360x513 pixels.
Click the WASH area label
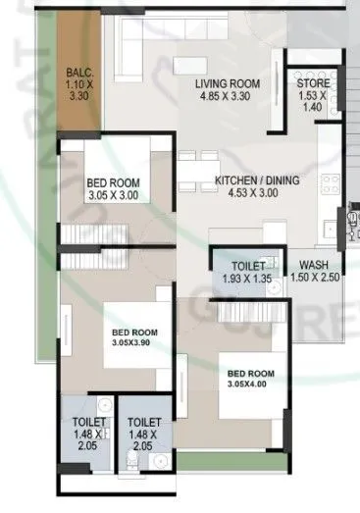[x=314, y=265]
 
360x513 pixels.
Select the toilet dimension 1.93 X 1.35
[x=248, y=280]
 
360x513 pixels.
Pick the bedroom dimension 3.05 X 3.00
[x=113, y=195]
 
